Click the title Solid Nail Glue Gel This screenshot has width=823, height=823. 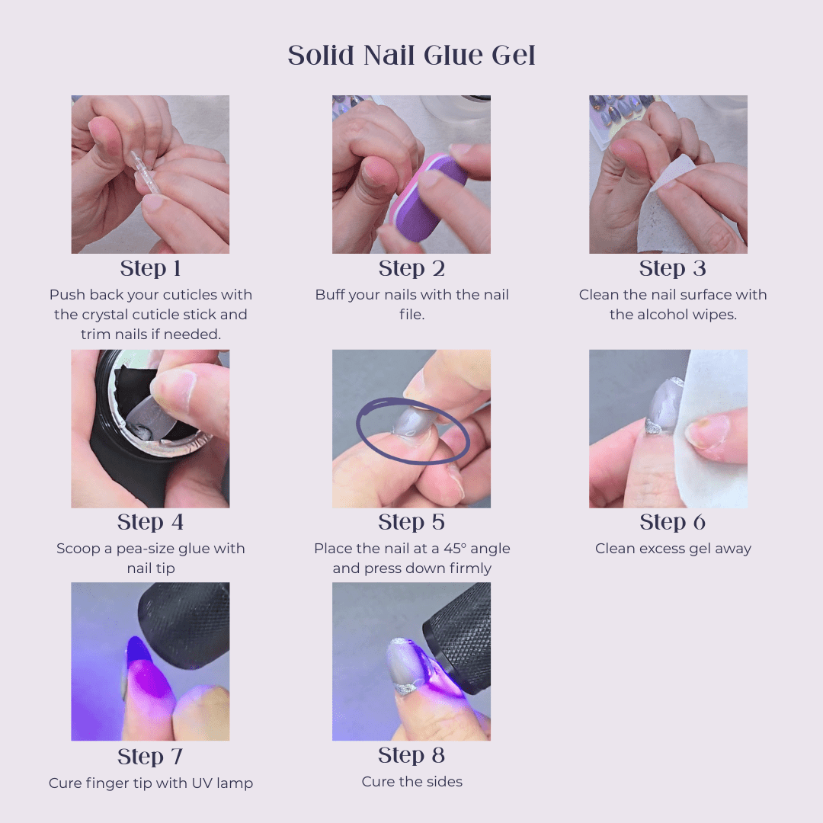point(411,55)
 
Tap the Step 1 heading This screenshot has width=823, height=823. point(150,268)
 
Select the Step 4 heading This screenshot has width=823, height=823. point(150,522)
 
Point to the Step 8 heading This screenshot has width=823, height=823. point(411,755)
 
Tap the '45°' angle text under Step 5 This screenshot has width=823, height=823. point(455,549)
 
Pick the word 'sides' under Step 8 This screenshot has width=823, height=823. point(444,782)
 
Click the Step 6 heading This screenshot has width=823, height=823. point(672,522)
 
